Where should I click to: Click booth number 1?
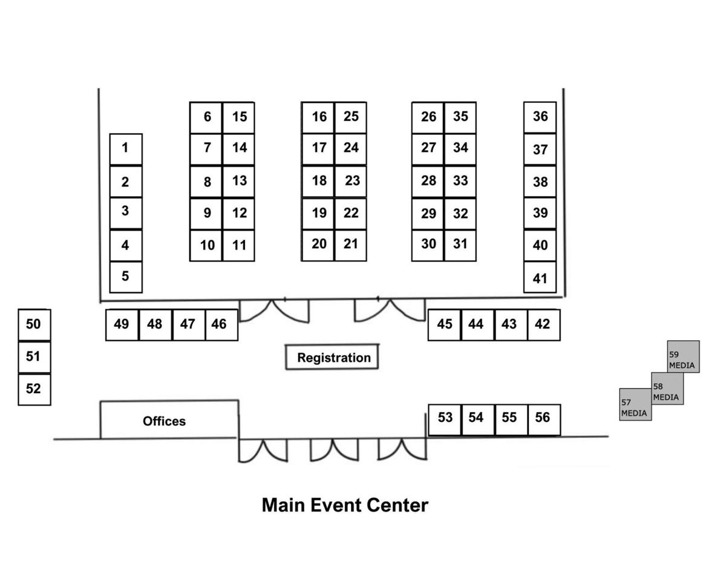point(126,149)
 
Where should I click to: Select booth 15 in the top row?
point(238,117)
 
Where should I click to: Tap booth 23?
point(351,181)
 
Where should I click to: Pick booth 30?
point(428,244)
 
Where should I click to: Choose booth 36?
point(540,117)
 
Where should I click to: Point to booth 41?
point(540,278)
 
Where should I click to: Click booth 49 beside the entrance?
point(122,324)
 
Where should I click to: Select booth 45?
point(444,324)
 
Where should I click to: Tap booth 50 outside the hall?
point(34,325)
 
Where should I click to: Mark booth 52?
point(34,389)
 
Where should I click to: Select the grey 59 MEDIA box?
point(684,356)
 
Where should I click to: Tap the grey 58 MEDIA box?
point(667,389)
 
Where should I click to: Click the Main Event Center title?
point(344,505)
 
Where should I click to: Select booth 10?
point(206,246)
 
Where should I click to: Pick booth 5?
point(126,277)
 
